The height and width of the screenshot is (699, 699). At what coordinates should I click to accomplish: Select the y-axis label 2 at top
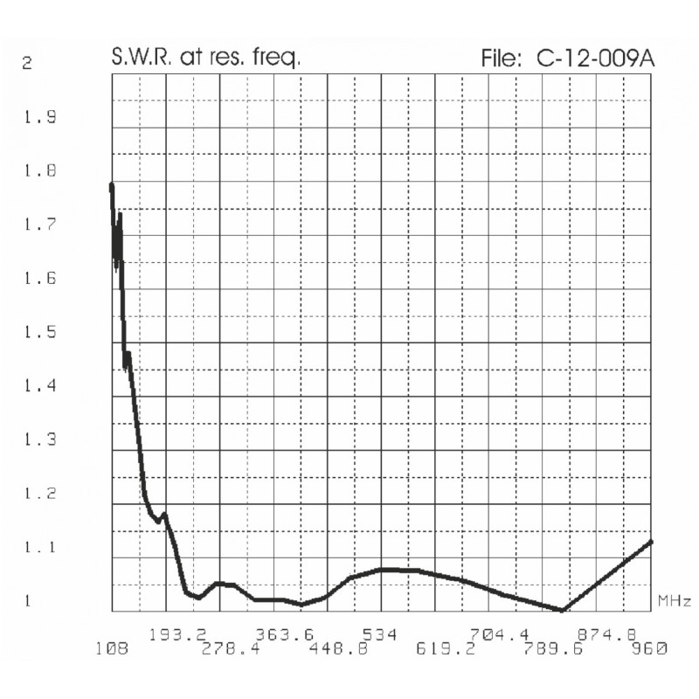coord(28,64)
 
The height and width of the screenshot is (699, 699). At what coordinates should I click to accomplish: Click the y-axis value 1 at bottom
coord(28,601)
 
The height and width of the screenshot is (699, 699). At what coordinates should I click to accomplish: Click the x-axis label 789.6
coord(556,648)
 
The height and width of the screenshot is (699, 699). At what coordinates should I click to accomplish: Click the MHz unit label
coord(674,601)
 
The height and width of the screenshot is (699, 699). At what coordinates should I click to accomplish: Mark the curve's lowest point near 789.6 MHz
coord(564,610)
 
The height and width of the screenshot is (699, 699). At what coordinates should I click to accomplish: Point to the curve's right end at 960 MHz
coord(652,542)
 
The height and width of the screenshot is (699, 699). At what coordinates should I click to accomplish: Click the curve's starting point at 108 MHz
coord(112,185)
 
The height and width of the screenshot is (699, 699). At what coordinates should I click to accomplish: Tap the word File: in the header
coord(501,59)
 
